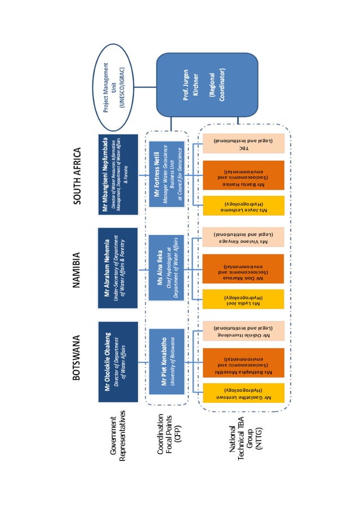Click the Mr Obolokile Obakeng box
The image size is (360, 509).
(117, 361)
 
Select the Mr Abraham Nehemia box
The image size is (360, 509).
(117, 267)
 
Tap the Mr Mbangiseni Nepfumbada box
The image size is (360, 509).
(117, 174)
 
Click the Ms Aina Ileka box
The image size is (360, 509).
(167, 267)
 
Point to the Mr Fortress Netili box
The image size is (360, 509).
(167, 174)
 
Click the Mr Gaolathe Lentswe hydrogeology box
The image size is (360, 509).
(243, 393)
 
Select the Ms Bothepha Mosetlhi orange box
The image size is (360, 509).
(243, 361)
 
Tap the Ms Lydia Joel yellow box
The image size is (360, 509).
(243, 299)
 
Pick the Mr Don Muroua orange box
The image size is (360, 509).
(243, 267)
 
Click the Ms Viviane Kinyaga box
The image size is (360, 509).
(243, 237)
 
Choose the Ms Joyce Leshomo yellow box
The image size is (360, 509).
(243, 206)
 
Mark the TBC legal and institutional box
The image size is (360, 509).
(243, 143)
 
